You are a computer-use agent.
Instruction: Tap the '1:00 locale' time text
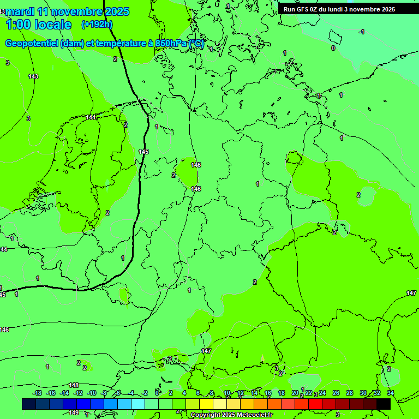tap(38, 25)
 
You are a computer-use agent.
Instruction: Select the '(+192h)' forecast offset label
tap(97, 24)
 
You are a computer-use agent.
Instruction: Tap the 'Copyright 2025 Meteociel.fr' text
tap(231, 415)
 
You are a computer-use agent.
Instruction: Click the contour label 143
tap(33, 76)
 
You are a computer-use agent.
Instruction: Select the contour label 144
tap(91, 117)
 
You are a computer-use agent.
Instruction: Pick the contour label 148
tap(74, 385)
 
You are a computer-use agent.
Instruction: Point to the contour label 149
tap(74, 412)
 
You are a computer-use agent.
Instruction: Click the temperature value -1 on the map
tap(361, 32)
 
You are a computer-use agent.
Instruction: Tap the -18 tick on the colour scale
tap(37, 393)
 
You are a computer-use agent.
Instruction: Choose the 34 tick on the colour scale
tap(391, 393)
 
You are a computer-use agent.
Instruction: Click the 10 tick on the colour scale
tap(227, 393)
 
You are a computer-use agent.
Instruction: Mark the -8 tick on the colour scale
tap(104, 393)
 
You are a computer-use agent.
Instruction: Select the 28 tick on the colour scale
tap(350, 393)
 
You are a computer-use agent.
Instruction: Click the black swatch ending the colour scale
tap(384, 404)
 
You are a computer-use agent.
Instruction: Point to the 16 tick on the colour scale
tap(268, 393)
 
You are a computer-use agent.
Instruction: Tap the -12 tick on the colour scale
tap(78, 393)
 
